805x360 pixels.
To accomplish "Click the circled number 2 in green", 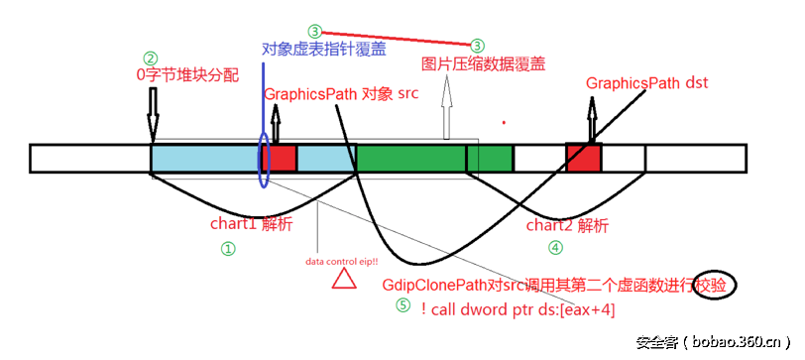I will (151, 58).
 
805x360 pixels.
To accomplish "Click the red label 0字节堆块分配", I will (187, 74).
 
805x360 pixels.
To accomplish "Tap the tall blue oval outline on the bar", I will (263, 159).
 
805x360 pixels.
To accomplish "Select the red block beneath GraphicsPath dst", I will (583, 158).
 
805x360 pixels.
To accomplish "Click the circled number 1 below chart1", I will (227, 250).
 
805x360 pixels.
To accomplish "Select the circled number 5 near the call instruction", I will (402, 305).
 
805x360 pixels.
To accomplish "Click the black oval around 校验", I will (716, 285).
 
